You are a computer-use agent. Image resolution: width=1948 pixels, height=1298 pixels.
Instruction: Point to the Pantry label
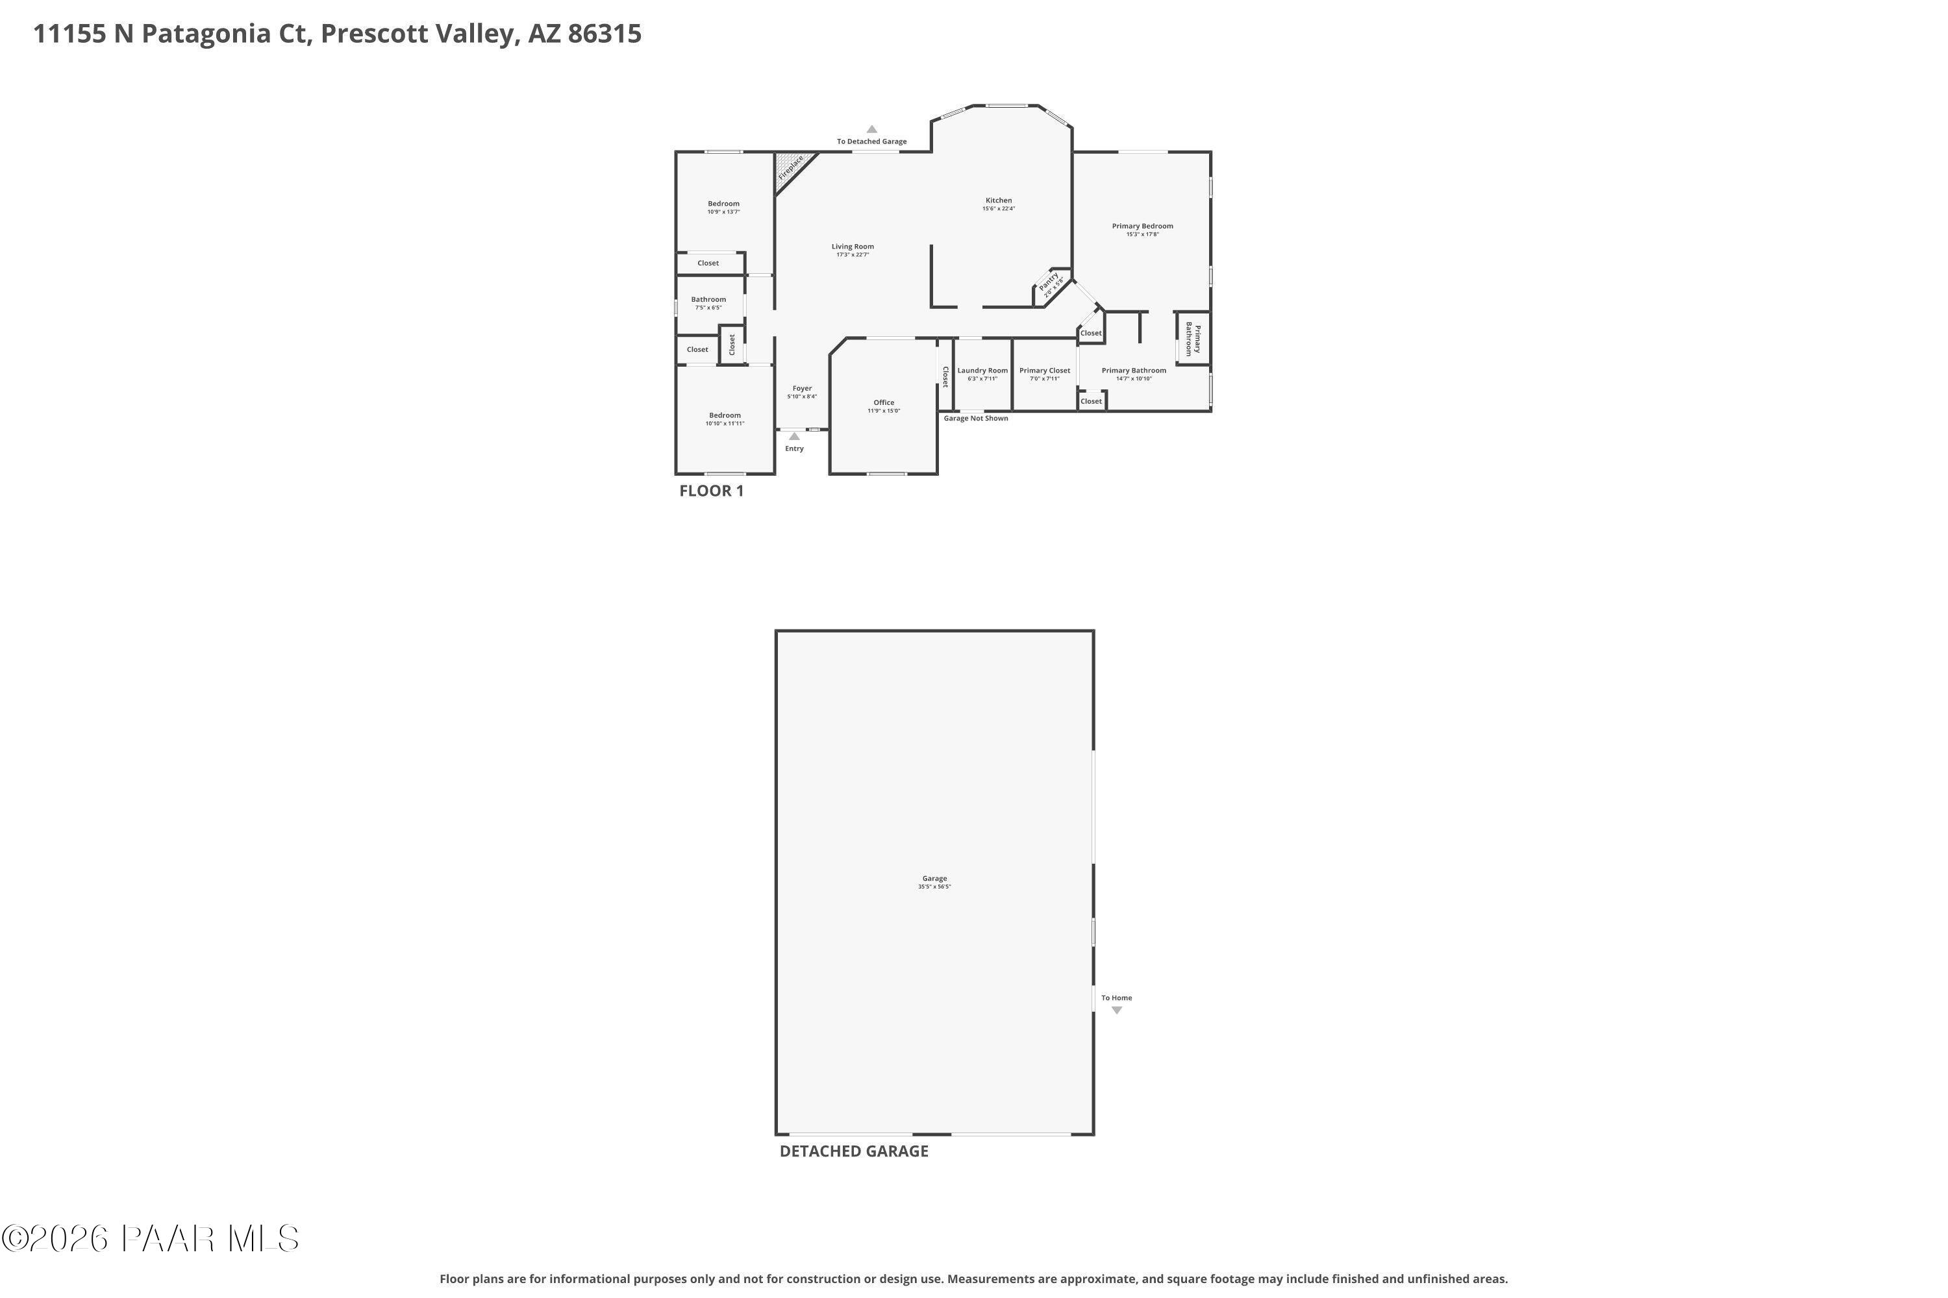(1049, 283)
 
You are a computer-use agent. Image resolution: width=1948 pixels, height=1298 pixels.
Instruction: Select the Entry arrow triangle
(794, 436)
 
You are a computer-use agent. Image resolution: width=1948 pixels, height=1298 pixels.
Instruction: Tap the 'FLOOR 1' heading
(712, 491)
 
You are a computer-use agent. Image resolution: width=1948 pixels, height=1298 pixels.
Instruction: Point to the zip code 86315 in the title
(605, 34)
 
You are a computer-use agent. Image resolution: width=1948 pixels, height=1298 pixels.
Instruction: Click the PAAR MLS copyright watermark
(150, 1239)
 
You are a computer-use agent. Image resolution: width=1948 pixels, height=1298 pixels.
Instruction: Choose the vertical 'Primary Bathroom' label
(1193, 339)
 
